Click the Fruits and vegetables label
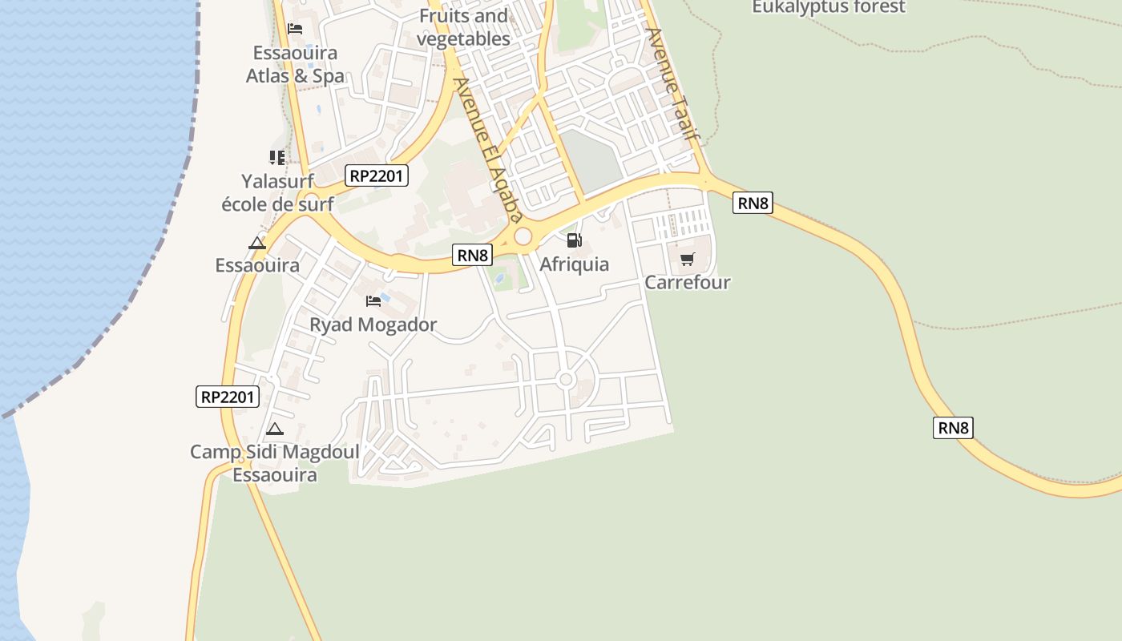463,27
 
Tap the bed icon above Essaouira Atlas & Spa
295,29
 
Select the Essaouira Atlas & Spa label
295,64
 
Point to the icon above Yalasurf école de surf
277,157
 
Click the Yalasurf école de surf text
277,192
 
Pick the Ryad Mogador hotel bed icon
373,301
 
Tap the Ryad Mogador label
373,325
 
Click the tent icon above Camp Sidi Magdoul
275,429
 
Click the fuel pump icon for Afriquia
574,240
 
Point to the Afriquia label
574,264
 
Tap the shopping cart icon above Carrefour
687,259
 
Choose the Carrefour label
688,282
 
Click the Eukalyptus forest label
829,7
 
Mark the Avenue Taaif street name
673,84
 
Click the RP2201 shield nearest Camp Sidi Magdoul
228,396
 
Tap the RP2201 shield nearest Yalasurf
377,175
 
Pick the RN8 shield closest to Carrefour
753,204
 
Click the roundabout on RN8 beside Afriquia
523,236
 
